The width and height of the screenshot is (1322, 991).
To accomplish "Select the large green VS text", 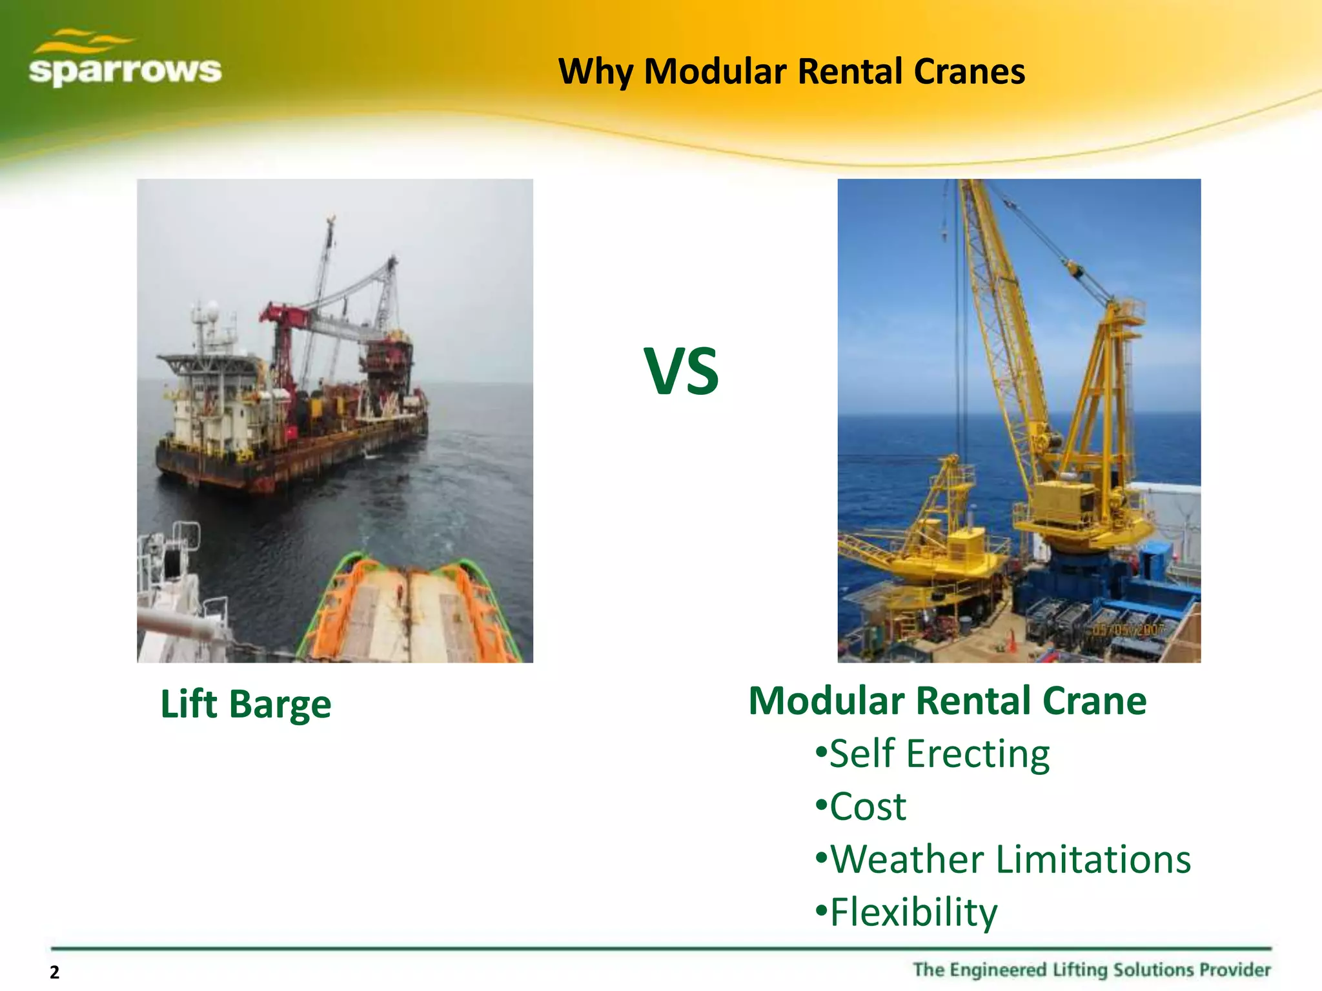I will click(x=681, y=372).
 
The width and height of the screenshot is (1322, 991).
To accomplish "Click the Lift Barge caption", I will click(x=245, y=704).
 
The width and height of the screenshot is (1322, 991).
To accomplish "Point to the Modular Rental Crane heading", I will click(x=947, y=701).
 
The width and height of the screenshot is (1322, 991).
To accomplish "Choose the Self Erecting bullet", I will click(x=933, y=754).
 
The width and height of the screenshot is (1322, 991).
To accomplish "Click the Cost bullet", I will click(x=861, y=806).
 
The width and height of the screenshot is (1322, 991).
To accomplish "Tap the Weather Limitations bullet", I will click(x=1003, y=859).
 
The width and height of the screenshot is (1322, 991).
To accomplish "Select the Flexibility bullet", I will click(x=906, y=912).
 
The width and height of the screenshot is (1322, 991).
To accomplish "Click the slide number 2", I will click(x=54, y=972).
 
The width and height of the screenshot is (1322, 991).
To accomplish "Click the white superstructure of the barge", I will click(x=207, y=400).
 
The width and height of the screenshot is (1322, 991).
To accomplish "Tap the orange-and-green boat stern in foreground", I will click(x=413, y=613).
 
